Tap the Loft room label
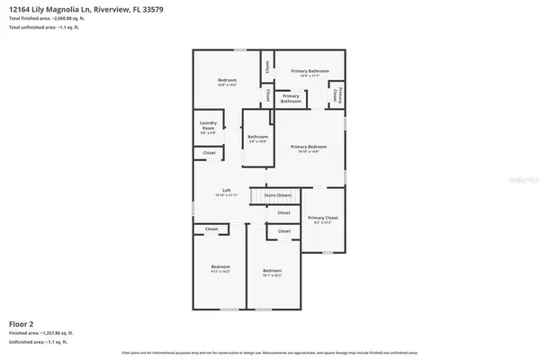[x=228, y=191]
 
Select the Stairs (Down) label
[x=283, y=194]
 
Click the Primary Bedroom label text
[x=308, y=146]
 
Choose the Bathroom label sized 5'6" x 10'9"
[x=258, y=139]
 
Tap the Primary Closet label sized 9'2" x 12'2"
[x=321, y=219]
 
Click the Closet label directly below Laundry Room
[x=209, y=153]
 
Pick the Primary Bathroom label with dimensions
[x=309, y=72]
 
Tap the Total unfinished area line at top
[x=42, y=28]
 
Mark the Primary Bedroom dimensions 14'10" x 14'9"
[x=308, y=151]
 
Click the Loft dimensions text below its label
[x=228, y=195]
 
